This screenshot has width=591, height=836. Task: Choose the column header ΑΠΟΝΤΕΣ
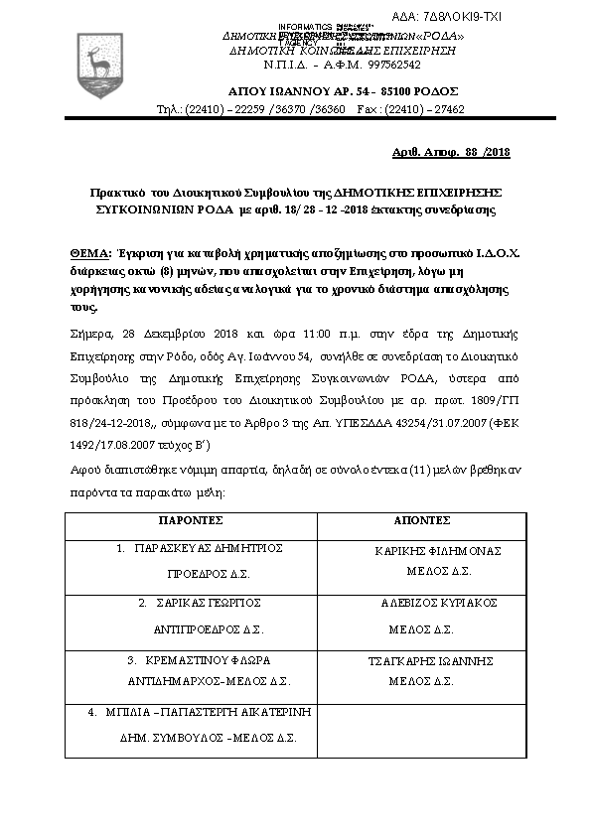[425, 520]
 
